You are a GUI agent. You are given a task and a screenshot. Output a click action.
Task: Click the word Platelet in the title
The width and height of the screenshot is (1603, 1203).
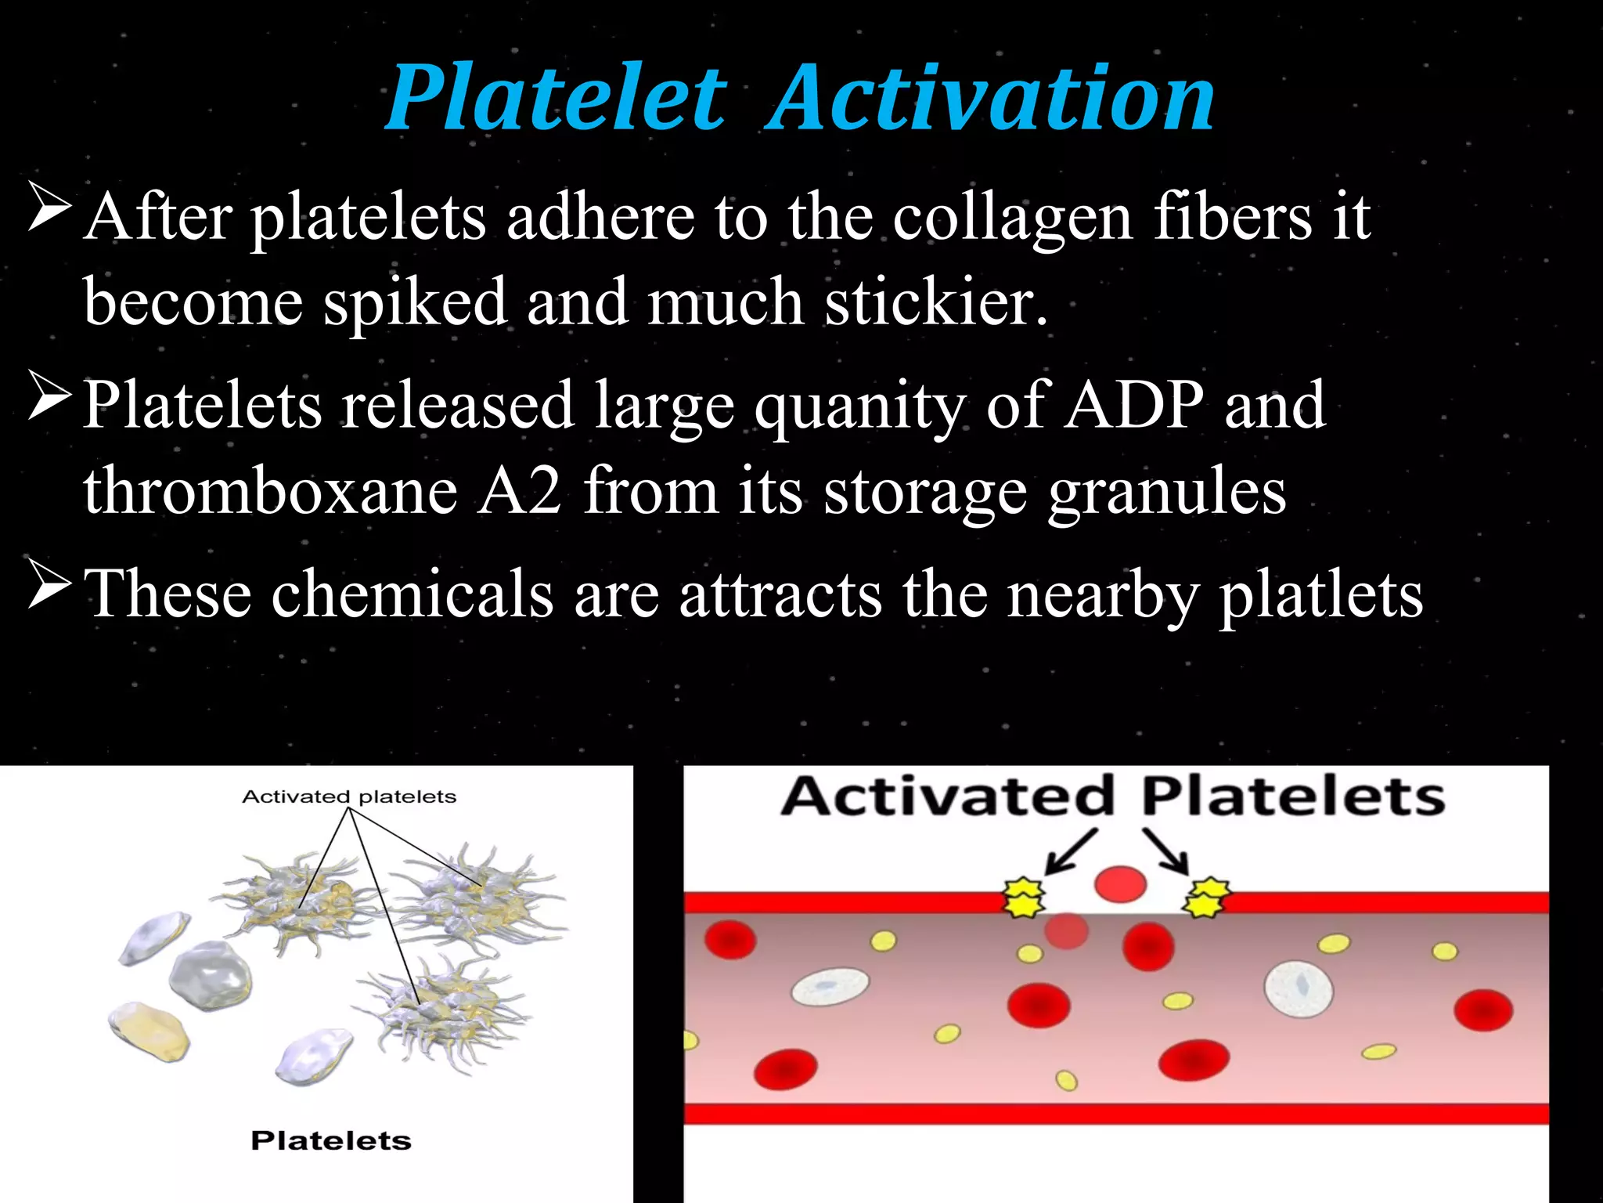coord(557,98)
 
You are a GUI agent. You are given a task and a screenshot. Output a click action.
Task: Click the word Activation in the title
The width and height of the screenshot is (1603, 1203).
coord(991,98)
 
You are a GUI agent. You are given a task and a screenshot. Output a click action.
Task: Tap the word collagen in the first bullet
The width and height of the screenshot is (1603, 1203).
coord(1013,217)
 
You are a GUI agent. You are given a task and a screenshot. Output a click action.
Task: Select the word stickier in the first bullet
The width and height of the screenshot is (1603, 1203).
coord(936,302)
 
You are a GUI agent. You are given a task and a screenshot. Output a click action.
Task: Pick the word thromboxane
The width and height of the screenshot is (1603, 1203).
coord(271,491)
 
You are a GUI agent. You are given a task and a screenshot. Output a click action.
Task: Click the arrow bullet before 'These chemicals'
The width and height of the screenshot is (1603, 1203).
coord(50,584)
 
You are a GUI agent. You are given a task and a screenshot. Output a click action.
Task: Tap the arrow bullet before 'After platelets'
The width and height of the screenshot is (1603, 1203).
coord(50,207)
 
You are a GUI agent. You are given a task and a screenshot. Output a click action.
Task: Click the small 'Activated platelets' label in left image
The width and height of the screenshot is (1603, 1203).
coord(349,797)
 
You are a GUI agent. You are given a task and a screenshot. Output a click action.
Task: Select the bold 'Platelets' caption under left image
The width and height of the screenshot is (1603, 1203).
coord(331,1141)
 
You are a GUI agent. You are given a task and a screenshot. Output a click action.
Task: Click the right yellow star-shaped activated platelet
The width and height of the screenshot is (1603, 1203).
coord(1207,897)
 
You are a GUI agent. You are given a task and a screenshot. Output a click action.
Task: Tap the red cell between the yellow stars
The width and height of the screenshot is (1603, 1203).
coord(1120,884)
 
